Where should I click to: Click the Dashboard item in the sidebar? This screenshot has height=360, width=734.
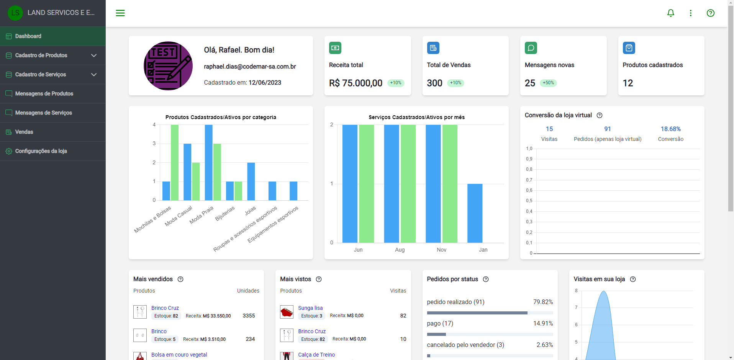[28, 36]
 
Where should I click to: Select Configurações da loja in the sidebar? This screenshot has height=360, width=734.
[41, 151]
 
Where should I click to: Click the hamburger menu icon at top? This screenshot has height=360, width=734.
[120, 13]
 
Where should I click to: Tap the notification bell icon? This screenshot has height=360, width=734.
[670, 13]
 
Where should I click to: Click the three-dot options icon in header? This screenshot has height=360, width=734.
[690, 13]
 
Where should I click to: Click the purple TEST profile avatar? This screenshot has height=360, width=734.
[168, 66]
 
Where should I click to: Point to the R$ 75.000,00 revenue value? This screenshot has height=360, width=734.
[356, 83]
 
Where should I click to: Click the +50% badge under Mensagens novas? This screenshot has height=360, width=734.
[548, 83]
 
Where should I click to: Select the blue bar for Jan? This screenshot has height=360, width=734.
[475, 213]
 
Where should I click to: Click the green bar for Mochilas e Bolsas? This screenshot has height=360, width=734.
[174, 162]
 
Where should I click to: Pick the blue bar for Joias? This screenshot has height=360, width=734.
[251, 182]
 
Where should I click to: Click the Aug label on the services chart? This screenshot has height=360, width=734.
[400, 250]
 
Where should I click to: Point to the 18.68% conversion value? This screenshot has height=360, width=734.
[670, 129]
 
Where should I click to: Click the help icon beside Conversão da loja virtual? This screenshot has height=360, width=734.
[600, 115]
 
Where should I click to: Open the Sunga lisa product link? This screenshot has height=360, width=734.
[310, 308]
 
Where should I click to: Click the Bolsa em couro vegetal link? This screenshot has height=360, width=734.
[179, 355]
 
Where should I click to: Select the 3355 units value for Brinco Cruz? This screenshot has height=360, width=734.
[249, 316]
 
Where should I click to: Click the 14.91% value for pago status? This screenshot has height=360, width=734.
[543, 323]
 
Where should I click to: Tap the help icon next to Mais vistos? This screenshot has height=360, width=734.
[318, 279]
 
